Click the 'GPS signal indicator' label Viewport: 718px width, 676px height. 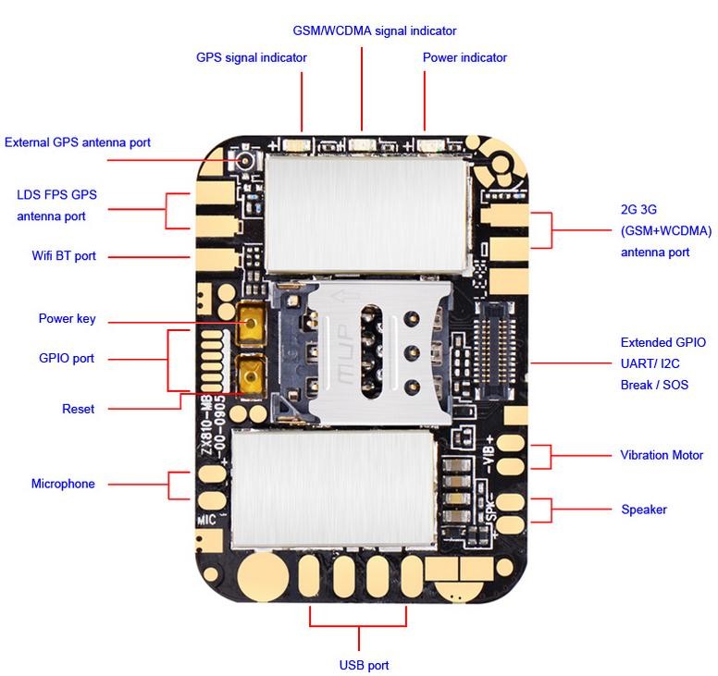click(251, 57)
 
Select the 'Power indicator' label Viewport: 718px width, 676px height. click(464, 57)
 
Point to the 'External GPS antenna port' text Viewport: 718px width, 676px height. click(78, 142)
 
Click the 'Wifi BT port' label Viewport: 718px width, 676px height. click(63, 256)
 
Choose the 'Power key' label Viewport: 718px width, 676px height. click(67, 319)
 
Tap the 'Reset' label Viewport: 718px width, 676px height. click(78, 409)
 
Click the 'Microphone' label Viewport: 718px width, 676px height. click(63, 484)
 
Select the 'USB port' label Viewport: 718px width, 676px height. click(364, 665)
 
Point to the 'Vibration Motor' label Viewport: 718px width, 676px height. click(661, 455)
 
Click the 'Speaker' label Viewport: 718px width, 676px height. click(643, 510)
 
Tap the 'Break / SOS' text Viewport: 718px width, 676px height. click(654, 385)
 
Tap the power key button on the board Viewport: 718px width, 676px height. click(250, 325)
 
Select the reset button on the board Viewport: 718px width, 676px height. click(250, 375)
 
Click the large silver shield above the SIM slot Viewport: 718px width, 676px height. click(365, 211)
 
